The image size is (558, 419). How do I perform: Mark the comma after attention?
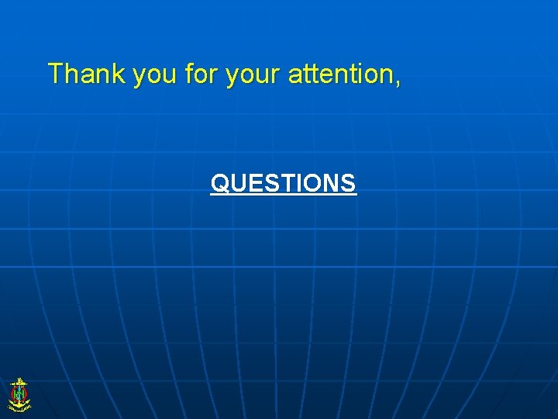coord(398,81)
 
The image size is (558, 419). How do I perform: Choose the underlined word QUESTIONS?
coord(283,183)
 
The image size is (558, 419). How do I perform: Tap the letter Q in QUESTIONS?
coord(220,184)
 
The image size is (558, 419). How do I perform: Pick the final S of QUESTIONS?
coord(348,184)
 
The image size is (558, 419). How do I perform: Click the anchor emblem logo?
coord(19,395)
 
